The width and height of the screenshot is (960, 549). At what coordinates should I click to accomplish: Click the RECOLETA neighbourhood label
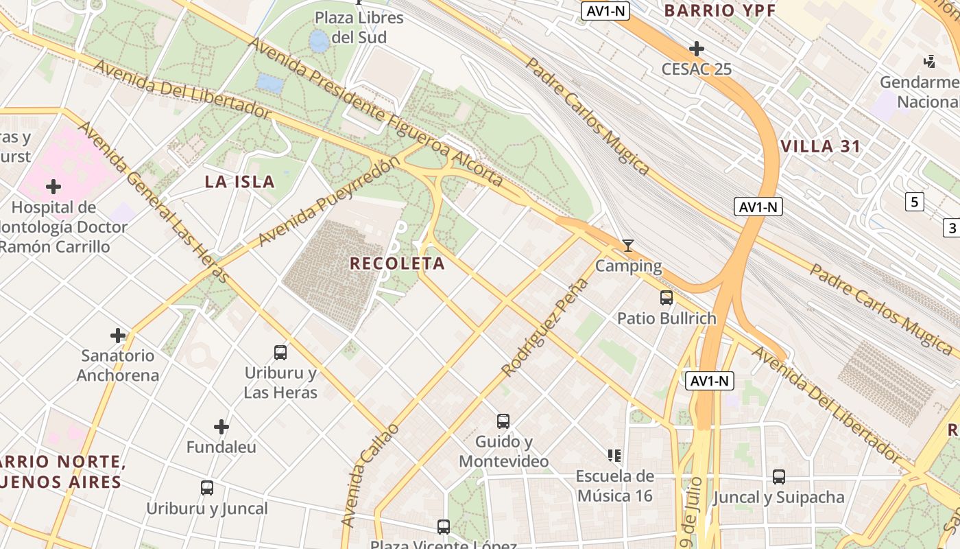pyautogui.click(x=397, y=264)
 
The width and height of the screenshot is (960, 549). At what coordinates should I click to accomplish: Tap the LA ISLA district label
pyautogui.click(x=240, y=182)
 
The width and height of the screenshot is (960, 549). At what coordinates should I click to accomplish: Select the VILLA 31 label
pyautogui.click(x=821, y=146)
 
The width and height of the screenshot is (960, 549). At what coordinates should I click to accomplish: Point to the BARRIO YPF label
pyautogui.click(x=719, y=10)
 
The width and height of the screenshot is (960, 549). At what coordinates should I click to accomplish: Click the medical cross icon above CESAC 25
pyautogui.click(x=696, y=49)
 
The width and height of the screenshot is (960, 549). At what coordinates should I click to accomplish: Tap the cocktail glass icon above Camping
pyautogui.click(x=628, y=245)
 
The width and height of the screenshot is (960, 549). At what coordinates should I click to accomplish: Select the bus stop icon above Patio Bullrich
pyautogui.click(x=666, y=298)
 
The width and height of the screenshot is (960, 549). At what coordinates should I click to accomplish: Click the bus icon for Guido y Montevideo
pyautogui.click(x=503, y=421)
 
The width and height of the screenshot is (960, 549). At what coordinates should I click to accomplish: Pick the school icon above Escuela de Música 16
pyautogui.click(x=614, y=455)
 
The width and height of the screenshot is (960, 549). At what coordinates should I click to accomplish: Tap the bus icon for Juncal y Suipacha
pyautogui.click(x=778, y=476)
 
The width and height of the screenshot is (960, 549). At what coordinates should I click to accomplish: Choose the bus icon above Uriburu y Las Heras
pyautogui.click(x=280, y=353)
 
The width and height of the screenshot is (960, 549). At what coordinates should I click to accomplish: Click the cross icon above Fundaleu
pyautogui.click(x=221, y=427)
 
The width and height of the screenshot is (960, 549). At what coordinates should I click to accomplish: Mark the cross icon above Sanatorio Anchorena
pyautogui.click(x=118, y=336)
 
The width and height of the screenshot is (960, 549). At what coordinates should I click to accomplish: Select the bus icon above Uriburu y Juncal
pyautogui.click(x=206, y=488)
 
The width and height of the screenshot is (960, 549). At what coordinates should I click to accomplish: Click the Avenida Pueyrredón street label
pyautogui.click(x=328, y=202)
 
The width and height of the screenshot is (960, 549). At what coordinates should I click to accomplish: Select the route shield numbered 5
pyautogui.click(x=914, y=202)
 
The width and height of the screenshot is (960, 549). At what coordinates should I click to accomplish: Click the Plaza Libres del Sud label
pyautogui.click(x=359, y=27)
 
